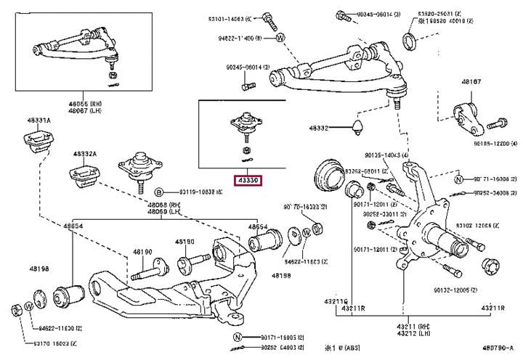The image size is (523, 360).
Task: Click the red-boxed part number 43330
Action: pyautogui.click(x=247, y=181)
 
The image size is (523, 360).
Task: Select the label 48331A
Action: pyautogui.click(x=38, y=120)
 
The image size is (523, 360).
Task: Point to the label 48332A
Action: pyautogui.click(x=84, y=154)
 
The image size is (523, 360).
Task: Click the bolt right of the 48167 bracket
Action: pyautogui.click(x=501, y=122)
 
